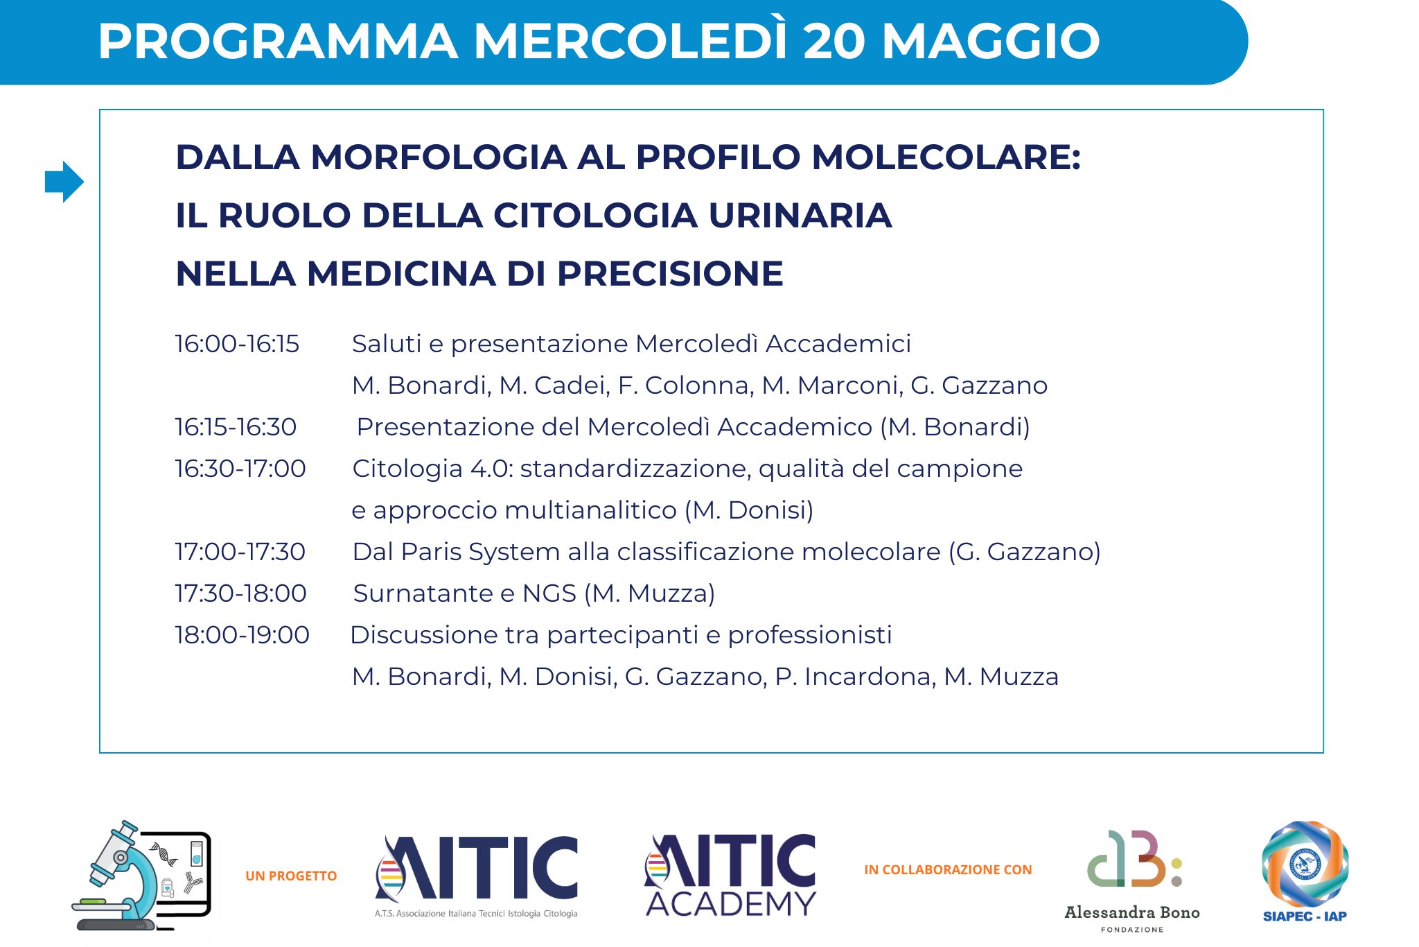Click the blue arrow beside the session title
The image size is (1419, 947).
(x=64, y=182)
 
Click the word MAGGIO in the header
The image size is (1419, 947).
(x=991, y=41)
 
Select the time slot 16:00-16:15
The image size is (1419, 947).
(x=237, y=344)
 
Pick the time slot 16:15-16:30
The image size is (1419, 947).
(x=236, y=427)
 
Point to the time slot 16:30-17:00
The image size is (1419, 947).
(x=240, y=469)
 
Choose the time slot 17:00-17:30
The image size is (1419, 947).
(x=240, y=552)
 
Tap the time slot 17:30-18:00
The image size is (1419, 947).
(x=240, y=593)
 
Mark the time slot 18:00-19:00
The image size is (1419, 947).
(x=242, y=635)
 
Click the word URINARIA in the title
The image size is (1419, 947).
(x=800, y=215)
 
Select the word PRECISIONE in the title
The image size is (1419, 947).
(x=670, y=273)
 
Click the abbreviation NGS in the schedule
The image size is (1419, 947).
(x=549, y=593)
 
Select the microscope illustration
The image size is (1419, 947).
(x=141, y=876)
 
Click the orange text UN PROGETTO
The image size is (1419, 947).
(x=291, y=876)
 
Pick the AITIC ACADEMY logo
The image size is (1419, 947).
(x=731, y=875)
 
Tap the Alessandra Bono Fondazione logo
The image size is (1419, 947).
(x=1132, y=880)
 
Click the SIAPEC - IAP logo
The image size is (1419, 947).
(x=1305, y=871)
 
